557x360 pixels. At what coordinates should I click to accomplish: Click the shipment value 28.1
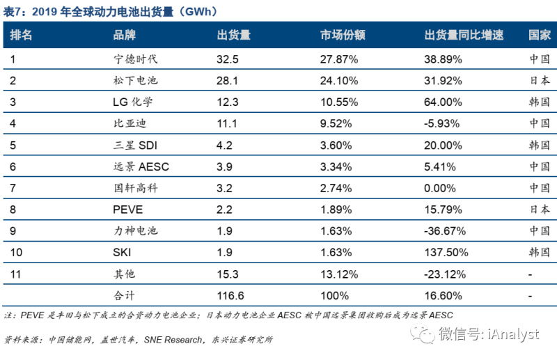click(228, 80)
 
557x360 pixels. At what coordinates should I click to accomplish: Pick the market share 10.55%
click(339, 102)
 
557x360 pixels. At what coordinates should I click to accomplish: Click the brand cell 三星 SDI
click(136, 145)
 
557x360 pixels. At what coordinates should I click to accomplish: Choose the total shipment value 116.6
click(231, 295)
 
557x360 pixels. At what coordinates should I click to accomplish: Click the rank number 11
click(15, 274)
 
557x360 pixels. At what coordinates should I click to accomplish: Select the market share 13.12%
click(339, 274)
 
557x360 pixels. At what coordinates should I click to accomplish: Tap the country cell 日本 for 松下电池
click(539, 80)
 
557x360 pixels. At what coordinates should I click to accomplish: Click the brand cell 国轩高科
click(136, 188)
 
